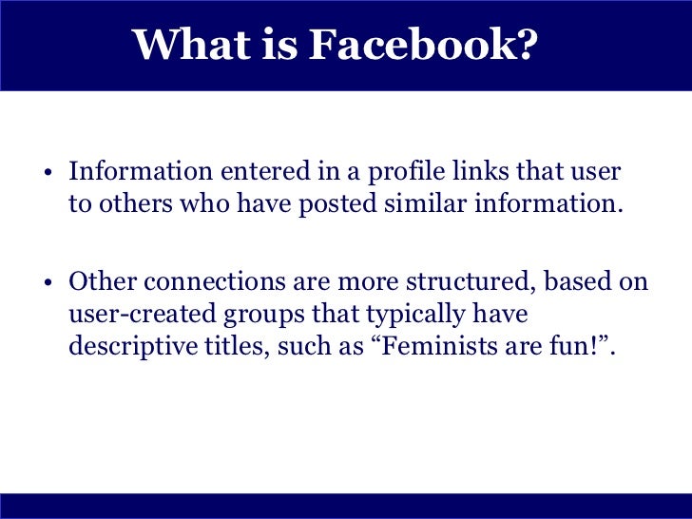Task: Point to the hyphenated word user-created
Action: pyautogui.click(x=131, y=315)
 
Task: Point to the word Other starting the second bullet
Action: pyautogui.click(x=98, y=283)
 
